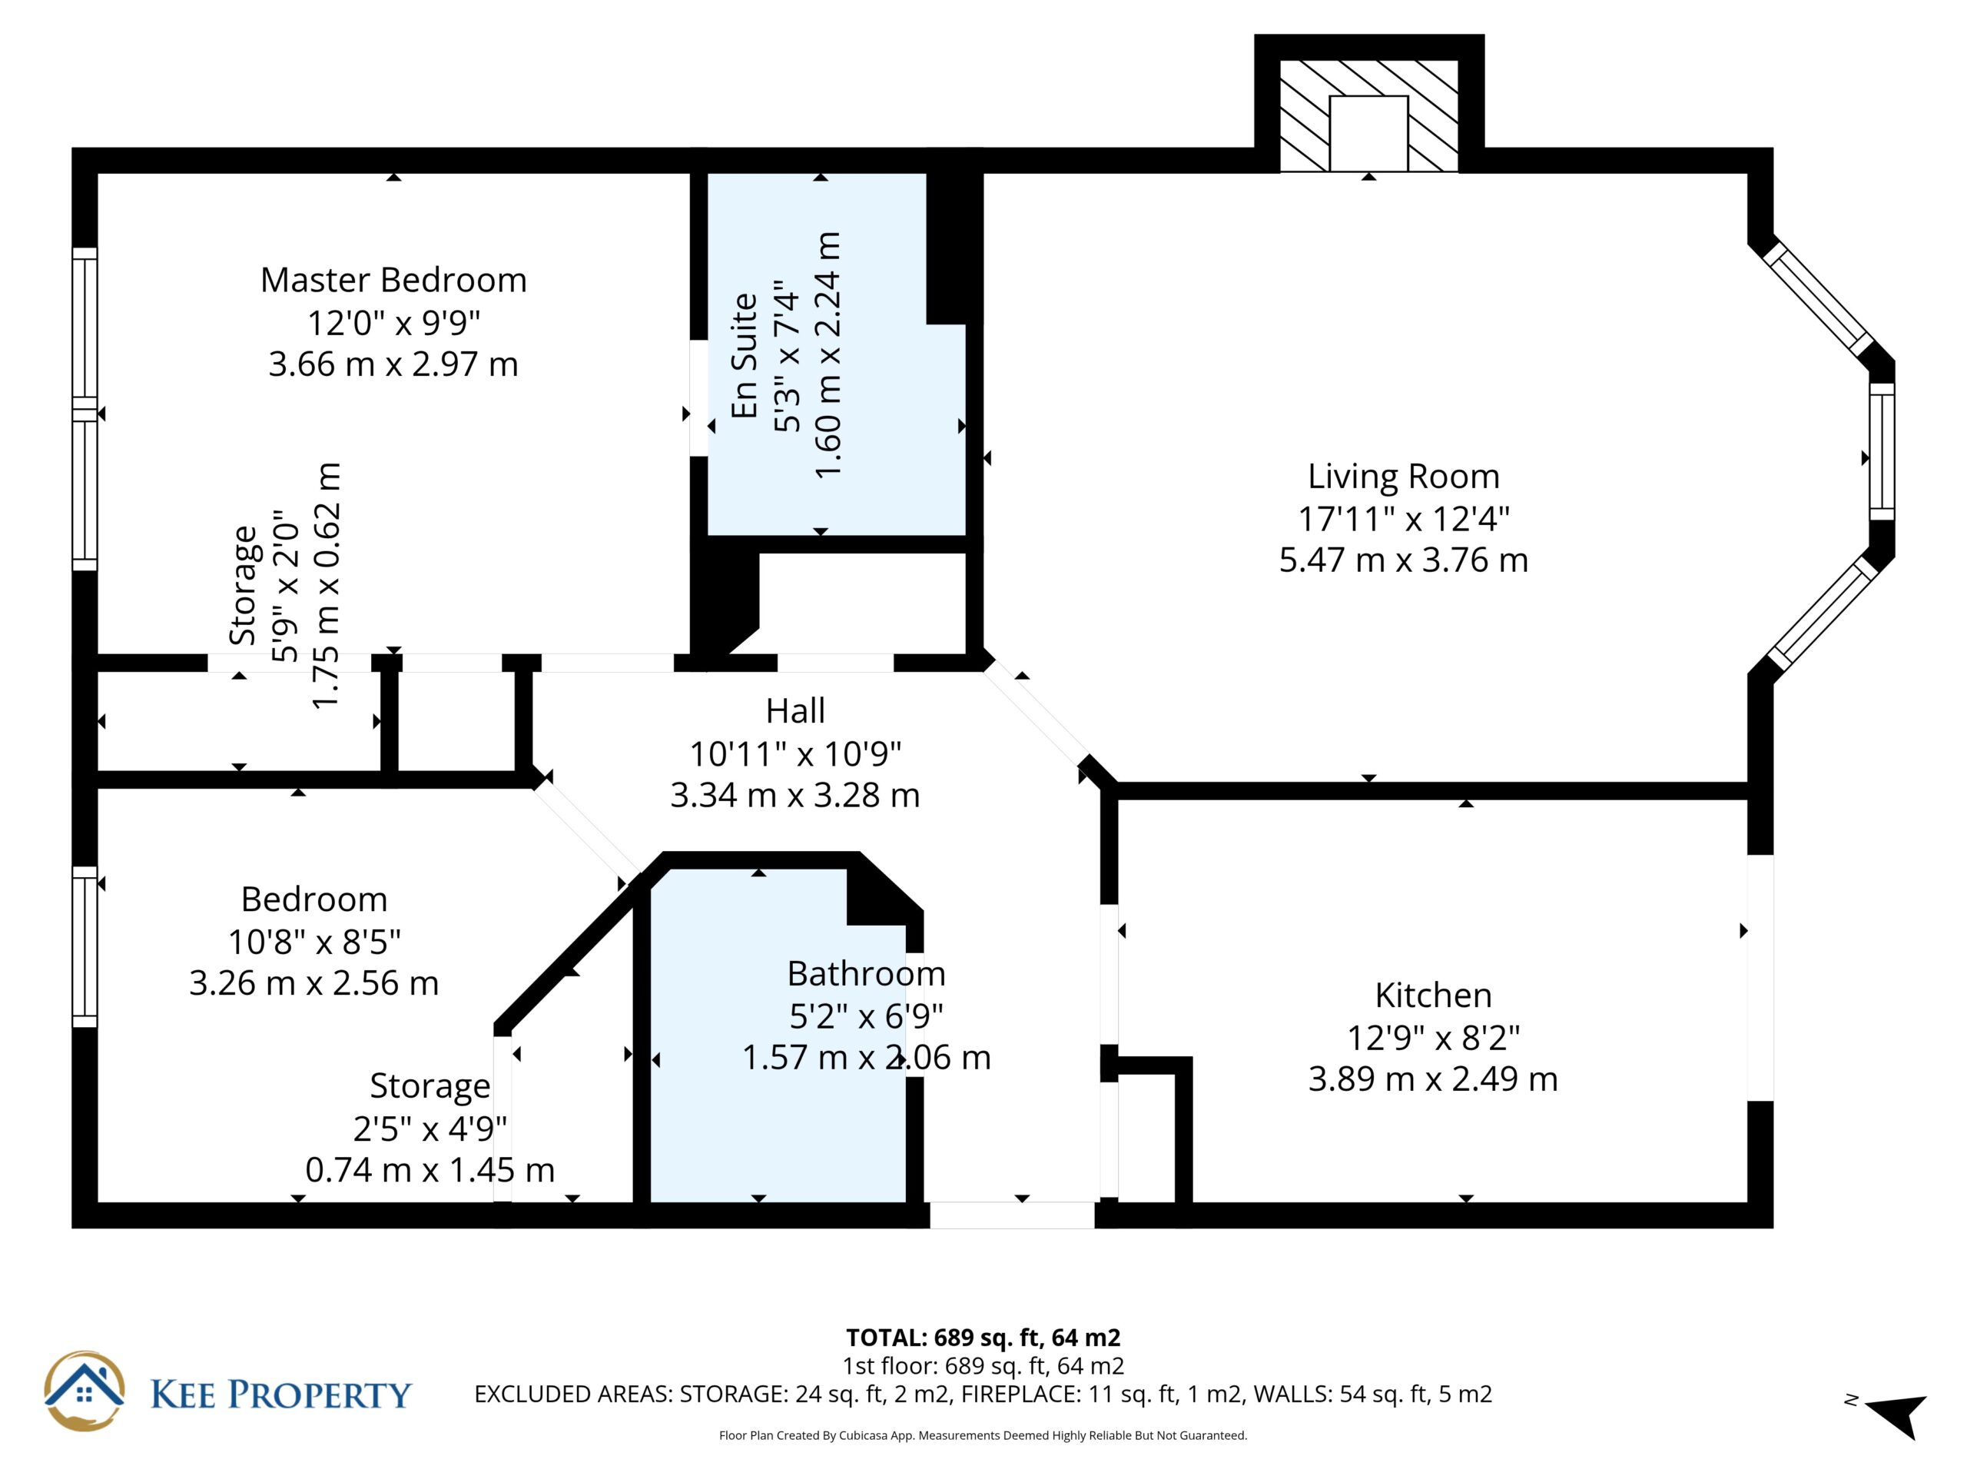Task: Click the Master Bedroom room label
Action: [x=393, y=281]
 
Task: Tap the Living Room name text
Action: [x=1403, y=477]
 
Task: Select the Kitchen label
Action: [x=1432, y=995]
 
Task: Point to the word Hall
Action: [x=795, y=711]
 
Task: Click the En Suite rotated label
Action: [x=745, y=356]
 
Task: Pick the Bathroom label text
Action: [x=866, y=973]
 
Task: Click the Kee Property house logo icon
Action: [x=85, y=1391]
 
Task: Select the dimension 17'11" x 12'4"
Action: [x=1403, y=518]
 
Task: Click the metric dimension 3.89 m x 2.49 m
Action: [x=1432, y=1079]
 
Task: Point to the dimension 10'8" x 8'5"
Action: [x=314, y=941]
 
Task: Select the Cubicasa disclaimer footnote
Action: [x=983, y=1435]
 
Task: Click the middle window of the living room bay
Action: [x=1882, y=452]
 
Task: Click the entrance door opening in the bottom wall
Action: [x=1012, y=1215]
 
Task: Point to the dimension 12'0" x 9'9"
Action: [x=393, y=322]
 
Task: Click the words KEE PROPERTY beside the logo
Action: [x=281, y=1395]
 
